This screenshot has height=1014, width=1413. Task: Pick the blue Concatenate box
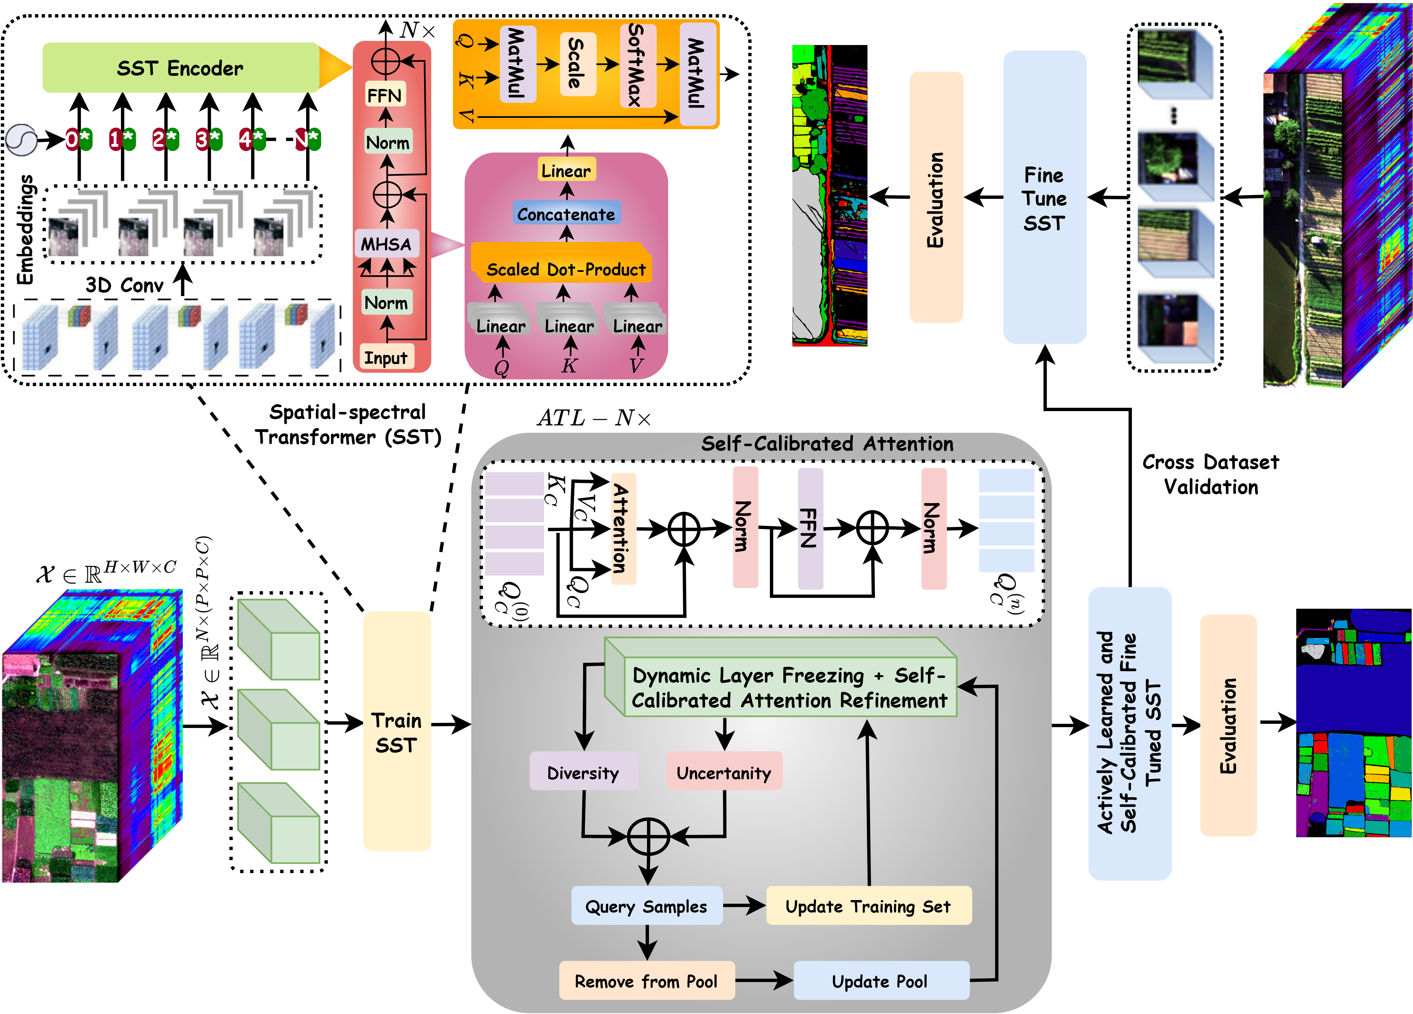[x=566, y=214]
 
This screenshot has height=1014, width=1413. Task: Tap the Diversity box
[x=583, y=772]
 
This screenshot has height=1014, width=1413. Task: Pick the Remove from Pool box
[x=646, y=981]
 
